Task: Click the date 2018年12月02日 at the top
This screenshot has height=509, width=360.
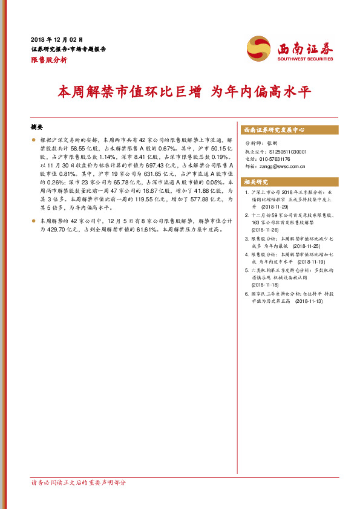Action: [x=56, y=39]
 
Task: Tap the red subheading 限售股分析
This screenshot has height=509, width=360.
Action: [x=49, y=60]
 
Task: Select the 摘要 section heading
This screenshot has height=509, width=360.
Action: [x=37, y=128]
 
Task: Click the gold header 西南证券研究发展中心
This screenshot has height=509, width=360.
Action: [x=273, y=130]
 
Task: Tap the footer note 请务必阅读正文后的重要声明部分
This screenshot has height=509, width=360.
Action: [x=79, y=482]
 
